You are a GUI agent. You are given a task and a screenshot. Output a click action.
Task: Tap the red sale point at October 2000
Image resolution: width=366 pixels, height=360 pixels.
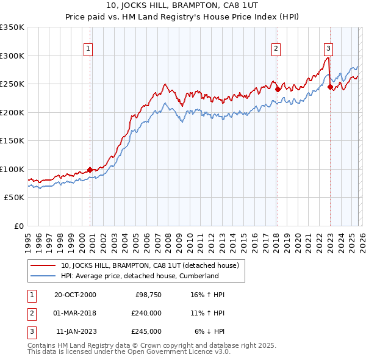(x=90, y=170)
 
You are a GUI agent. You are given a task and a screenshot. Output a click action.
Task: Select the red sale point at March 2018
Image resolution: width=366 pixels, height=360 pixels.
(x=277, y=89)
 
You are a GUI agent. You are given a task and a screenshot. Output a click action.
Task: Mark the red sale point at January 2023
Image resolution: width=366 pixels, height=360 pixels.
(x=330, y=87)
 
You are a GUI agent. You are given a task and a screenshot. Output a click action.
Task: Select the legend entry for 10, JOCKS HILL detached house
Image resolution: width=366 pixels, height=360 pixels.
(x=152, y=265)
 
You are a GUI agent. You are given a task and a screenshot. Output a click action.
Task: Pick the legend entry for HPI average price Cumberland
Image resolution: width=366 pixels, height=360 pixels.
(x=139, y=276)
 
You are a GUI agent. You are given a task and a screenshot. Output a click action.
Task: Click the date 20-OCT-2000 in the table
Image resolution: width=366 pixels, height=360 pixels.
(x=75, y=295)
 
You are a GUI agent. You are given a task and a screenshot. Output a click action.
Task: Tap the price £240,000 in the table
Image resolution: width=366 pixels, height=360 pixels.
(x=146, y=313)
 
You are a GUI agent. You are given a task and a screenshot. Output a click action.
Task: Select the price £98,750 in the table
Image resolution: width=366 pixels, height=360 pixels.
(x=148, y=295)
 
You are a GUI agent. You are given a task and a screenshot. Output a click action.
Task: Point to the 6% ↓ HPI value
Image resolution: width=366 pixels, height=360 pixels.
(x=210, y=331)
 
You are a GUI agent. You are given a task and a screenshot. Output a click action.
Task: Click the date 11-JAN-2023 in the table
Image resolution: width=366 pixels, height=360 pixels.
(x=76, y=331)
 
